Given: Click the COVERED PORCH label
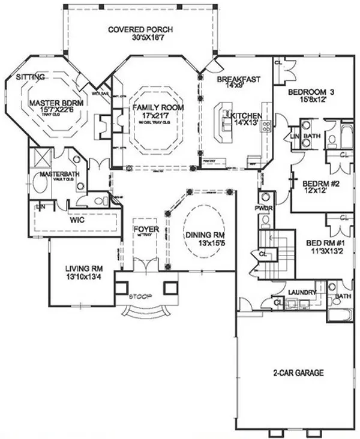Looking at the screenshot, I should click(x=142, y=29).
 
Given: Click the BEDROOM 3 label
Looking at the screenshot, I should click(x=311, y=92).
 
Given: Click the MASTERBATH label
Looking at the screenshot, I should click(x=56, y=174).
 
